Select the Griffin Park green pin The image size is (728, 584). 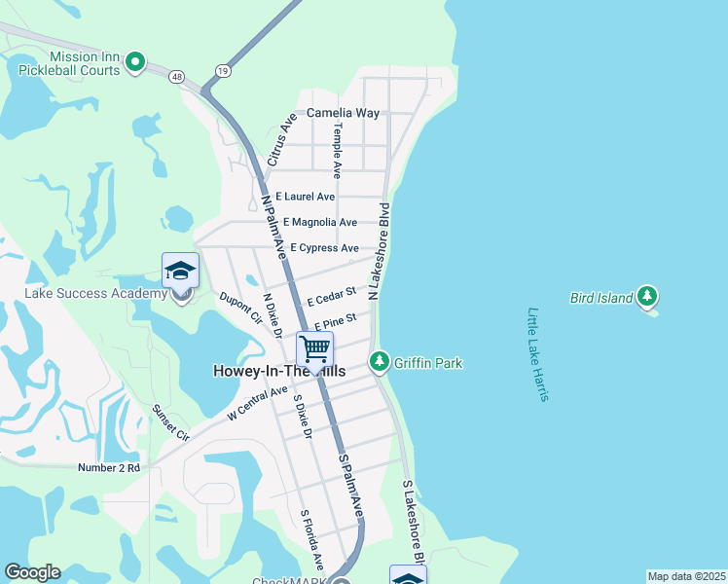click(x=380, y=363)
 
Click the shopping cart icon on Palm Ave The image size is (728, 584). click(x=314, y=348)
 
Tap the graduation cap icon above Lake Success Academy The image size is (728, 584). click(x=180, y=271)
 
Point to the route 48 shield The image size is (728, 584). click(x=176, y=76)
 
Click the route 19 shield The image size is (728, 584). click(x=224, y=70)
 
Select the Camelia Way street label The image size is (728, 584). click(x=343, y=113)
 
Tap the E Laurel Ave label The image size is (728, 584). click(x=305, y=197)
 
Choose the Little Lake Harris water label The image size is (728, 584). click(x=538, y=354)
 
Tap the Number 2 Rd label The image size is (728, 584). click(x=109, y=468)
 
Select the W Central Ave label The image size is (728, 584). click(x=257, y=403)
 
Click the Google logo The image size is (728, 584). click(x=32, y=572)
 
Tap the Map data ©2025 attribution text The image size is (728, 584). click(x=686, y=576)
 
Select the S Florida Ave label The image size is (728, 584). click(x=311, y=540)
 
